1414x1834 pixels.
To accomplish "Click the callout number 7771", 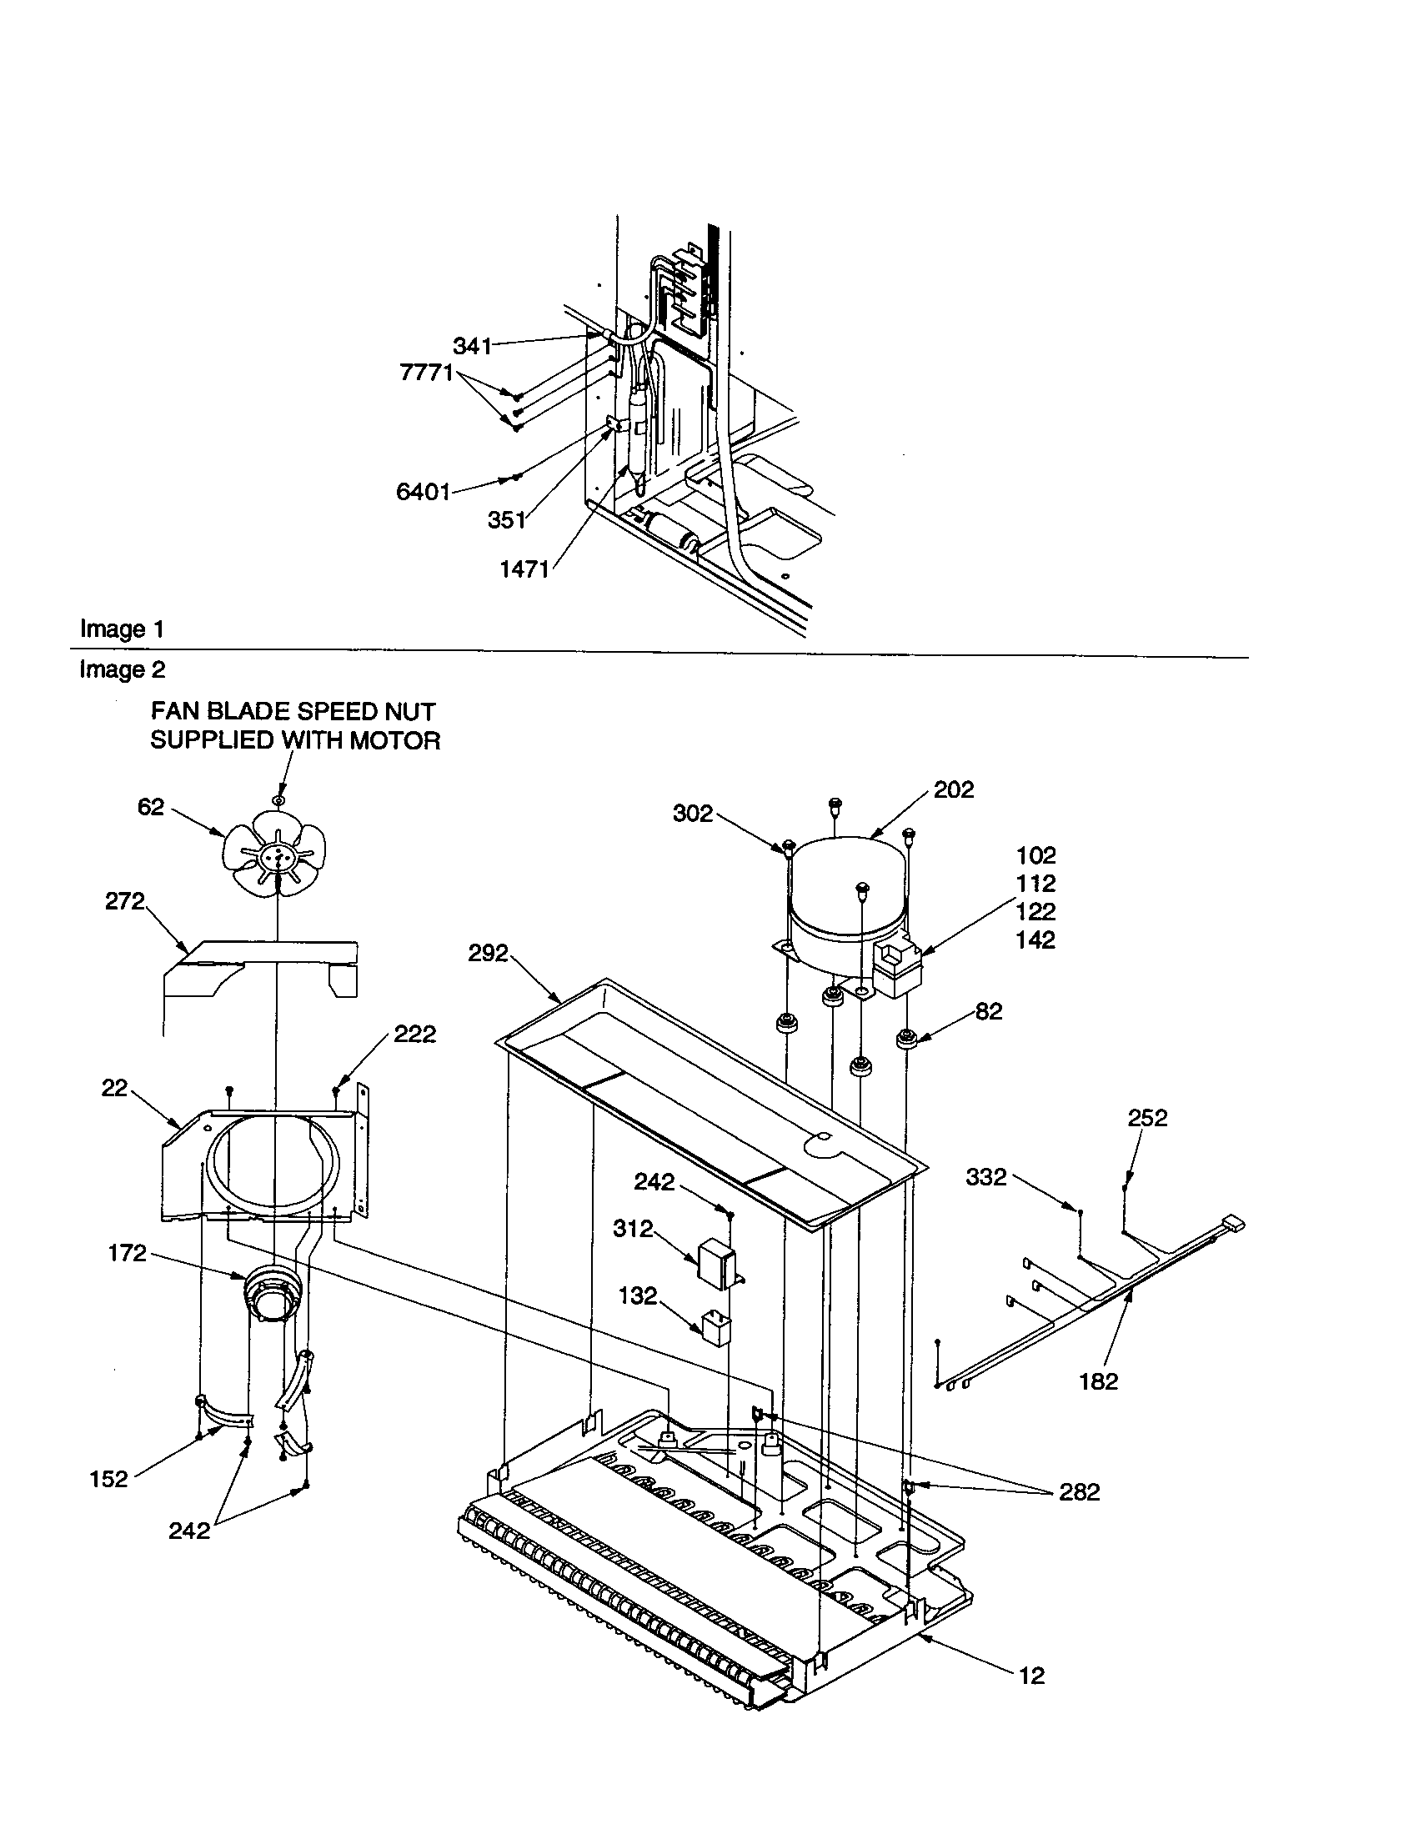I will point(426,373).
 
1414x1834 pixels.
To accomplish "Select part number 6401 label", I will point(424,491).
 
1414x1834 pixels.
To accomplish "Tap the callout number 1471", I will point(524,569).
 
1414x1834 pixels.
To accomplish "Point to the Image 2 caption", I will point(123,669).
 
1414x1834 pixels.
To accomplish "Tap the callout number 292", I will point(488,953).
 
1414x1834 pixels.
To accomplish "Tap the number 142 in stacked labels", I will point(1035,940).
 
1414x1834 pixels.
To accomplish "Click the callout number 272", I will point(125,902).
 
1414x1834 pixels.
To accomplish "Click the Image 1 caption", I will point(122,629).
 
